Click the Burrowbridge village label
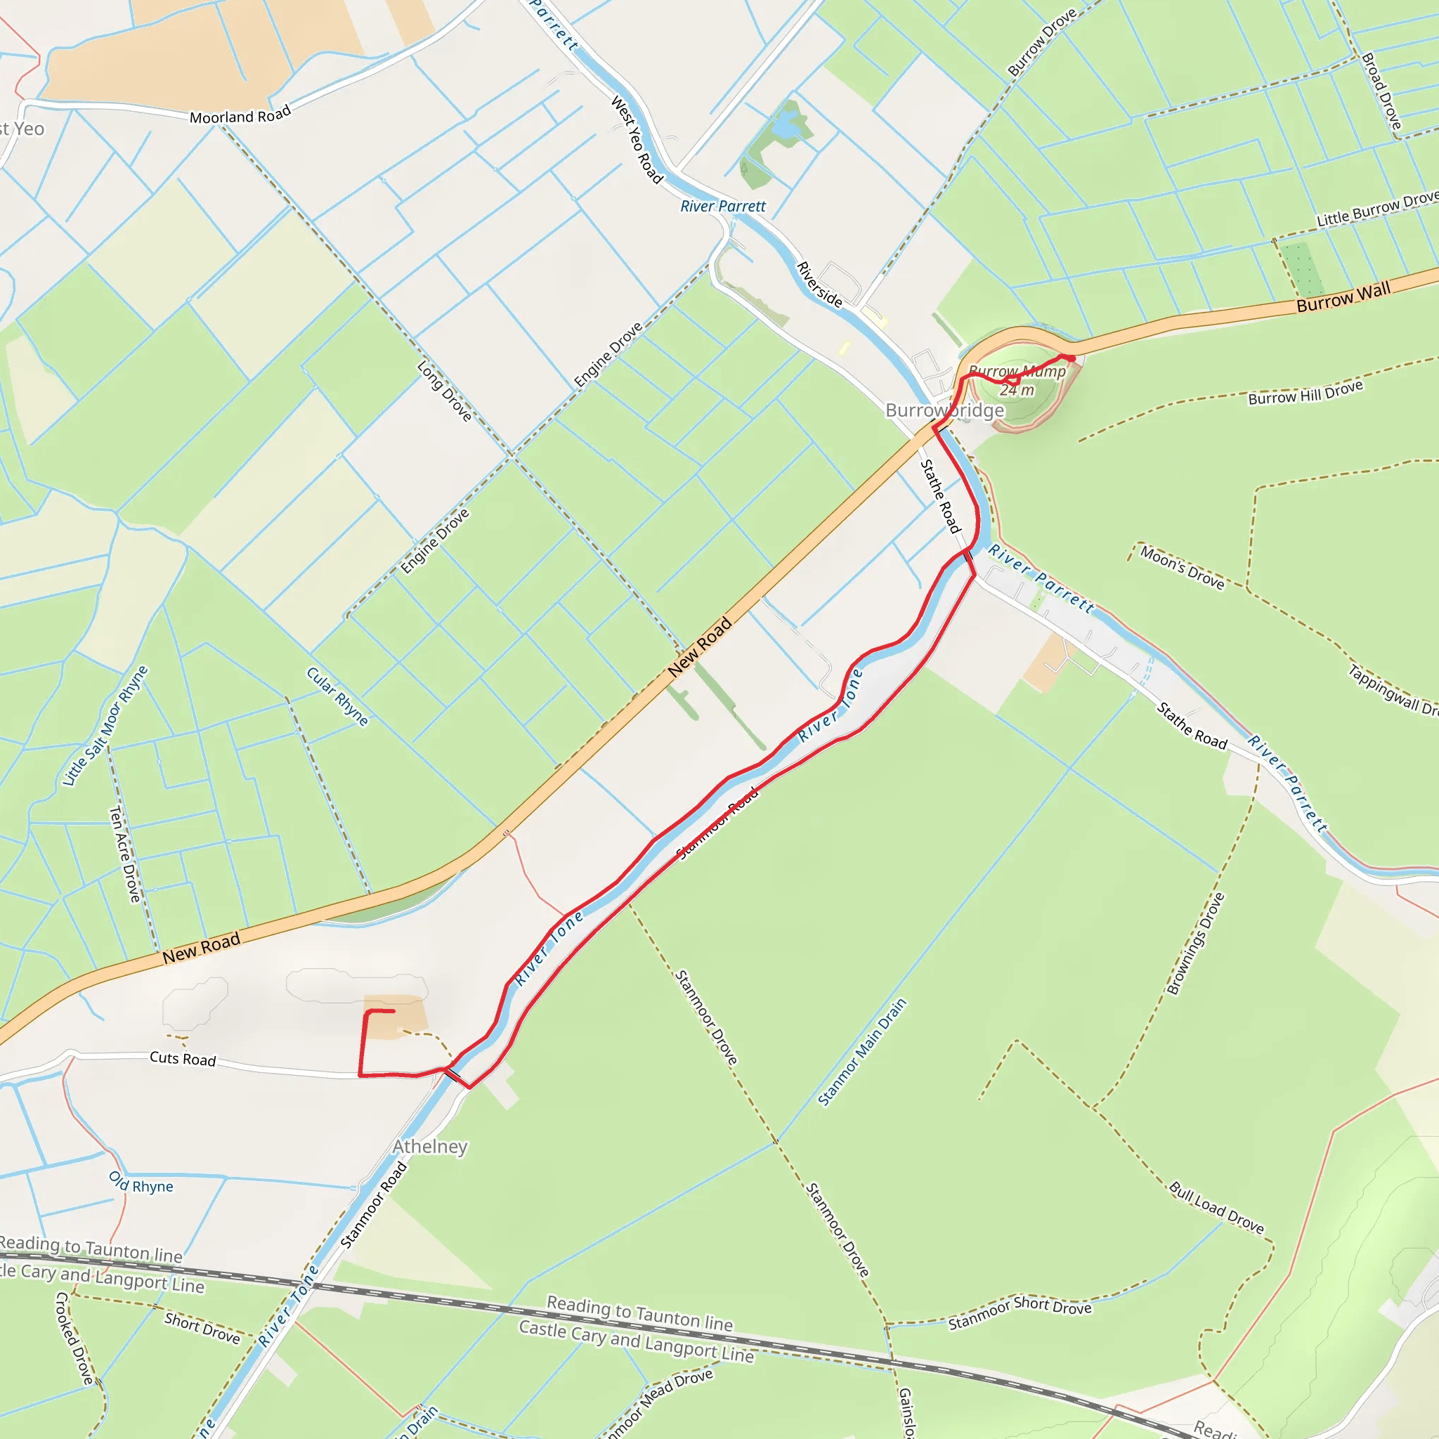pyautogui.click(x=944, y=410)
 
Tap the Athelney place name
pyautogui.click(x=430, y=1146)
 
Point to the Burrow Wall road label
pyautogui.click(x=1343, y=297)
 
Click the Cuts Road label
pyautogui.click(x=183, y=1058)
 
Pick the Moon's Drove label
pyautogui.click(x=1182, y=568)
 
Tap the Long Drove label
pyautogui.click(x=445, y=391)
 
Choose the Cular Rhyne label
pyautogui.click(x=337, y=696)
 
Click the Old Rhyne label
pyautogui.click(x=141, y=1183)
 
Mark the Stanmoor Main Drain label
pyautogui.click(x=863, y=1052)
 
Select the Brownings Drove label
pyautogui.click(x=1195, y=944)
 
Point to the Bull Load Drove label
pyautogui.click(x=1216, y=1208)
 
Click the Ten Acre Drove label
pyautogui.click(x=124, y=854)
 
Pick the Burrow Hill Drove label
pyautogui.click(x=1305, y=392)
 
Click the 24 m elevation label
pyautogui.click(x=1017, y=390)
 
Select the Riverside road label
pyautogui.click(x=819, y=285)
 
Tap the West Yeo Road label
pyautogui.click(x=637, y=139)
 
